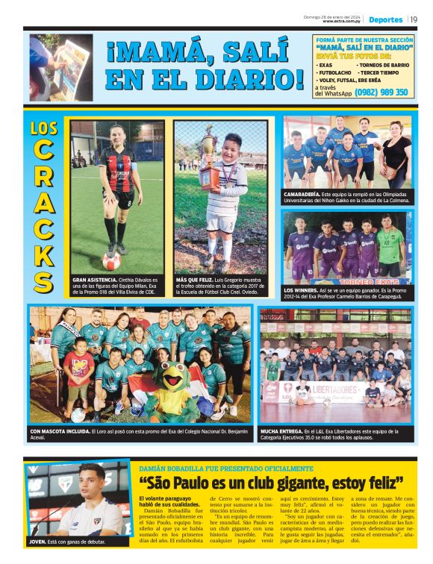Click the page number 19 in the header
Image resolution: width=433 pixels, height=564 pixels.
click(x=414, y=19)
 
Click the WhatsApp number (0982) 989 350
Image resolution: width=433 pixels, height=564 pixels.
click(x=381, y=93)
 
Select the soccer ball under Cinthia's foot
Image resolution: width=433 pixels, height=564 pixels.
click(x=111, y=262)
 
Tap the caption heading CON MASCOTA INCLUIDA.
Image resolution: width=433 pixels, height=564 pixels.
click(x=63, y=431)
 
